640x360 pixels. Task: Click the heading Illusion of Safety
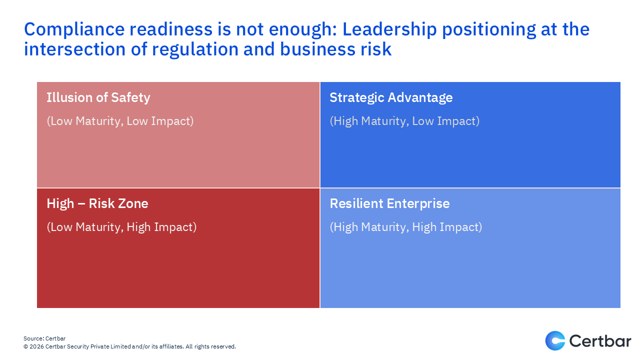coord(98,97)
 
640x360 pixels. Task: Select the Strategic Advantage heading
coord(391,97)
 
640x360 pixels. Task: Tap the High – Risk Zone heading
coord(97,203)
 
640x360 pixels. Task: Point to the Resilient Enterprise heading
coord(389,203)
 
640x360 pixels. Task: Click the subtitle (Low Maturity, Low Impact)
coord(120,121)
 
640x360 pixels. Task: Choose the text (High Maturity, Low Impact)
coord(404,121)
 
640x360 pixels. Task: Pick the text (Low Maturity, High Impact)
coord(121,227)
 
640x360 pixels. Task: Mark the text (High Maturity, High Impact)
coord(405,227)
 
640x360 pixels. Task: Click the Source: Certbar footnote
coord(44,338)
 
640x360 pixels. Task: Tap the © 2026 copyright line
coord(129,346)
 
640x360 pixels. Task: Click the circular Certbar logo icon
coord(555,341)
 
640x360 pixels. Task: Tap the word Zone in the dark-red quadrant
coord(133,203)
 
